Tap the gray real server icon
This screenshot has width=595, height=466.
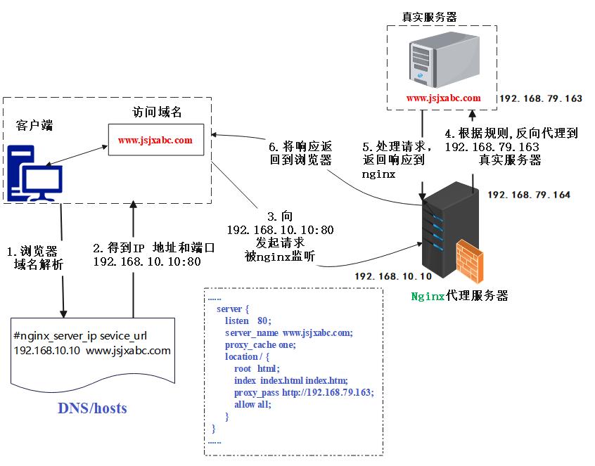(x=444, y=60)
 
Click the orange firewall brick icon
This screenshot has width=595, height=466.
(x=470, y=261)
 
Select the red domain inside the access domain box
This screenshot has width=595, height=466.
(x=155, y=141)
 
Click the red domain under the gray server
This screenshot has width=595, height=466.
(x=443, y=98)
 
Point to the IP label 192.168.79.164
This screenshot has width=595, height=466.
(x=529, y=195)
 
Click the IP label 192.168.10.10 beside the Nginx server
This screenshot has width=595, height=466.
(x=393, y=276)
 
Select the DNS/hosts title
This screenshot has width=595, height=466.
(x=92, y=408)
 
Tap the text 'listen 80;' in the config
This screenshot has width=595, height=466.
(x=248, y=321)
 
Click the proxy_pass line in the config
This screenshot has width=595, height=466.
(x=304, y=392)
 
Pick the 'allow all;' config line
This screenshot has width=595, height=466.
(x=252, y=405)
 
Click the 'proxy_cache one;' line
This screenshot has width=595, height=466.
(x=260, y=345)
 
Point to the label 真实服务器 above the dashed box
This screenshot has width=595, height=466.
(x=429, y=17)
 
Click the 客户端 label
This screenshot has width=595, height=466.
(x=34, y=125)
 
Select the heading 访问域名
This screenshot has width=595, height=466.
(x=157, y=112)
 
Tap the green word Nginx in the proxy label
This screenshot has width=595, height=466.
(x=428, y=296)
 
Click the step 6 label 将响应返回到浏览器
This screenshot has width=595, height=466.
(x=300, y=153)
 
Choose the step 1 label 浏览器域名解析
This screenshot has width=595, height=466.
(x=35, y=257)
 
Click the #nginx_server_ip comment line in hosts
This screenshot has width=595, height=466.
(x=80, y=336)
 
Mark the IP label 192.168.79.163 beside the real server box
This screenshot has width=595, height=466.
(x=541, y=98)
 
